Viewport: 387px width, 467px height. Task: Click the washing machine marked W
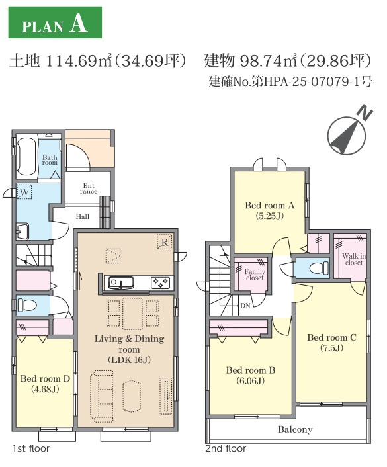(x=25, y=192)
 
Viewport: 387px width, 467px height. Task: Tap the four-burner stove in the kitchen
(x=160, y=282)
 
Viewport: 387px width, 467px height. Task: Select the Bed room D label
(x=44, y=383)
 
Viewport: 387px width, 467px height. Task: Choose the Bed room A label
(x=269, y=210)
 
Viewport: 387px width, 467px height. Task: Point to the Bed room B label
(x=249, y=375)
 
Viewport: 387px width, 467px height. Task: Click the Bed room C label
(x=331, y=342)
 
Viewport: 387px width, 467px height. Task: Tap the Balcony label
(x=295, y=429)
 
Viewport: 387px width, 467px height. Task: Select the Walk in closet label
(x=353, y=258)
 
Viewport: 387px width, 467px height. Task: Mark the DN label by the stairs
(x=245, y=306)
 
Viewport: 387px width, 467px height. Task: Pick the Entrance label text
(x=89, y=189)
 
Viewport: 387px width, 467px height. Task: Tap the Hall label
(x=82, y=216)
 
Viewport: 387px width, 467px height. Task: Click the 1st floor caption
(x=30, y=448)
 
